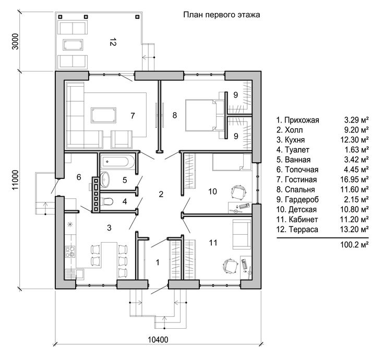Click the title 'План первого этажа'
click(x=222, y=15)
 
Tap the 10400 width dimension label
click(x=158, y=340)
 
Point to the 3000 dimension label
click(x=15, y=41)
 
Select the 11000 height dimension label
click(x=15, y=180)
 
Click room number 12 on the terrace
click(x=113, y=42)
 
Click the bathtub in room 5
click(x=117, y=161)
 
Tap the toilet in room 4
click(x=106, y=201)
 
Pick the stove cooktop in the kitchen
click(x=70, y=251)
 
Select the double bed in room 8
click(x=205, y=115)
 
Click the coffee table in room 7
click(x=103, y=115)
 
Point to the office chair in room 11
click(x=231, y=266)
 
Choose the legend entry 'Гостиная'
click(x=296, y=179)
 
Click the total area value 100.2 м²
click(x=354, y=244)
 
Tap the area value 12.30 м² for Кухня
click(x=354, y=140)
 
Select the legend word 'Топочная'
click(x=302, y=170)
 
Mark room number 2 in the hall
click(x=161, y=194)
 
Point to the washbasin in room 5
click(x=104, y=179)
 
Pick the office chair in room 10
click(x=238, y=192)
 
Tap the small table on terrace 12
click(x=73, y=45)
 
